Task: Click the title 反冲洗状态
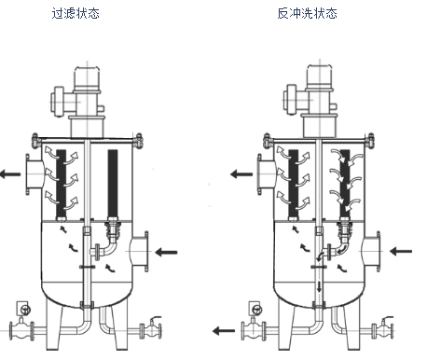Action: pos(307,14)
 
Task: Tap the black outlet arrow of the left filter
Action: pos(12,173)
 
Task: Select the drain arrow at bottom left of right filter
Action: pos(227,329)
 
